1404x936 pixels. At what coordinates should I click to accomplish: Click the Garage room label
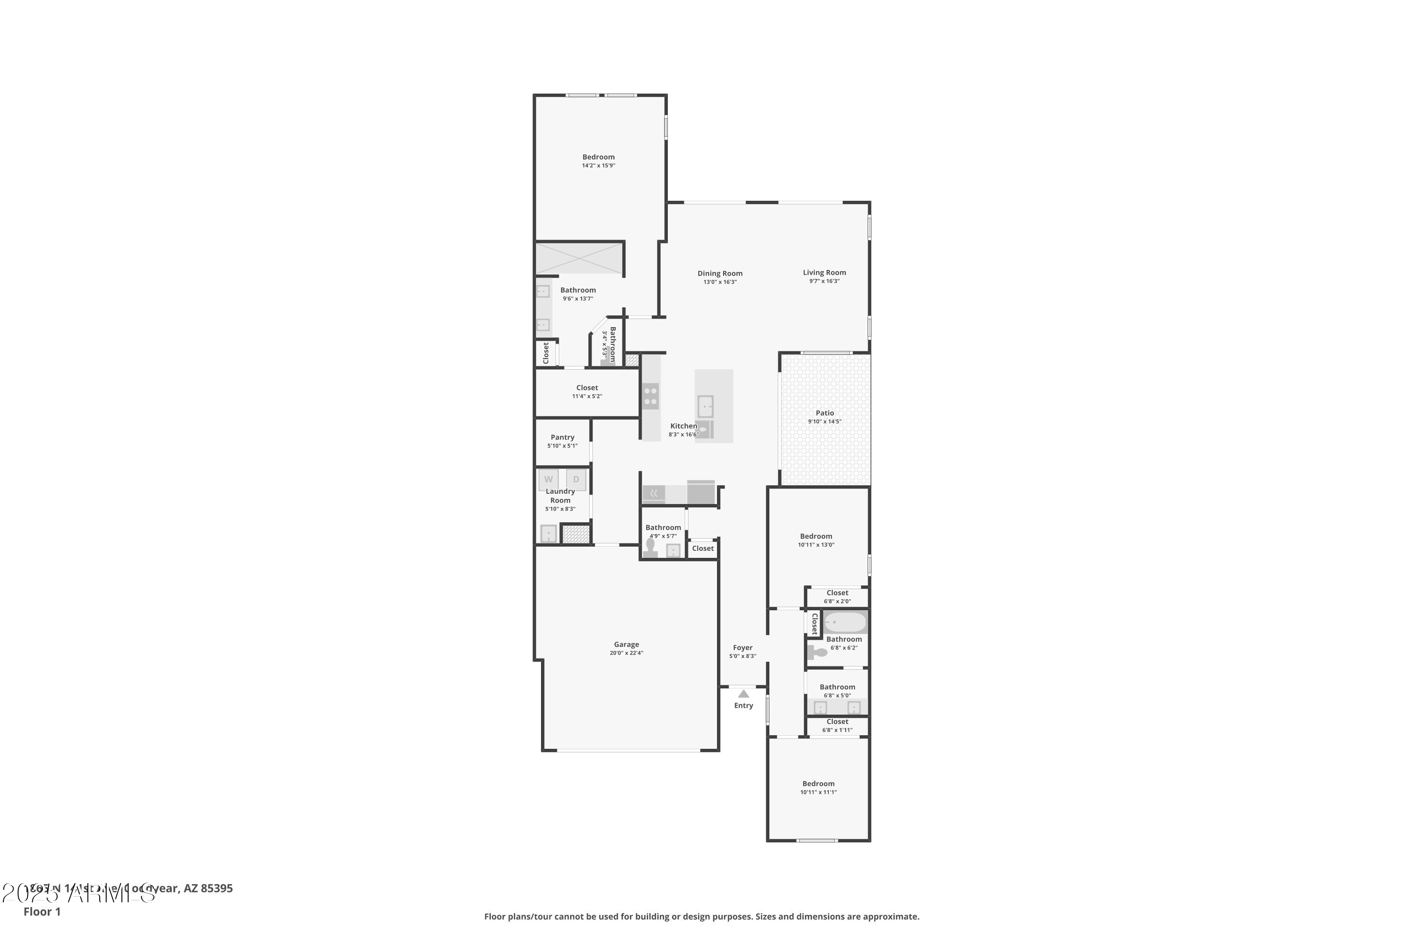point(626,644)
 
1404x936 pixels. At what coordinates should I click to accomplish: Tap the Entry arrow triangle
point(743,694)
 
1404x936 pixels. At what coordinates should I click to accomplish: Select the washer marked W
point(548,479)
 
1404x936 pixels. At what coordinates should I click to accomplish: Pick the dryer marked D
point(576,479)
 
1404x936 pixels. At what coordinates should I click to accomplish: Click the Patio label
point(824,412)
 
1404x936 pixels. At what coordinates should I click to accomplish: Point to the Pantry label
point(563,437)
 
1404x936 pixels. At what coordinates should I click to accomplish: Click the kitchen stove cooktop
point(650,396)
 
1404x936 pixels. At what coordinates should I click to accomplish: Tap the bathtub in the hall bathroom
point(845,622)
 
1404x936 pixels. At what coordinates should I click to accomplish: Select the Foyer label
point(743,648)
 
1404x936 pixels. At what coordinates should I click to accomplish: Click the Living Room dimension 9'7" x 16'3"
point(824,281)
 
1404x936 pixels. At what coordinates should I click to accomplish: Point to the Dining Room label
point(720,273)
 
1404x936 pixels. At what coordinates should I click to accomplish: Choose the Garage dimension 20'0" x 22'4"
point(626,653)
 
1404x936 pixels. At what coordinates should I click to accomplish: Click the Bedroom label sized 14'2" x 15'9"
point(598,157)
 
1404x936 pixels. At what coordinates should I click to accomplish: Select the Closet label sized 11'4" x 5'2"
point(587,388)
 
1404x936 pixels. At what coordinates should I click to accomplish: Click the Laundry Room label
point(560,496)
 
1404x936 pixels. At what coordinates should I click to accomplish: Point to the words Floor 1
point(42,912)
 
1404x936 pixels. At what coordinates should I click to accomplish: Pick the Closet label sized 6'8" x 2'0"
point(837,593)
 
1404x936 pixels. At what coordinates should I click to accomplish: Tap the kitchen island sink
point(705,406)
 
